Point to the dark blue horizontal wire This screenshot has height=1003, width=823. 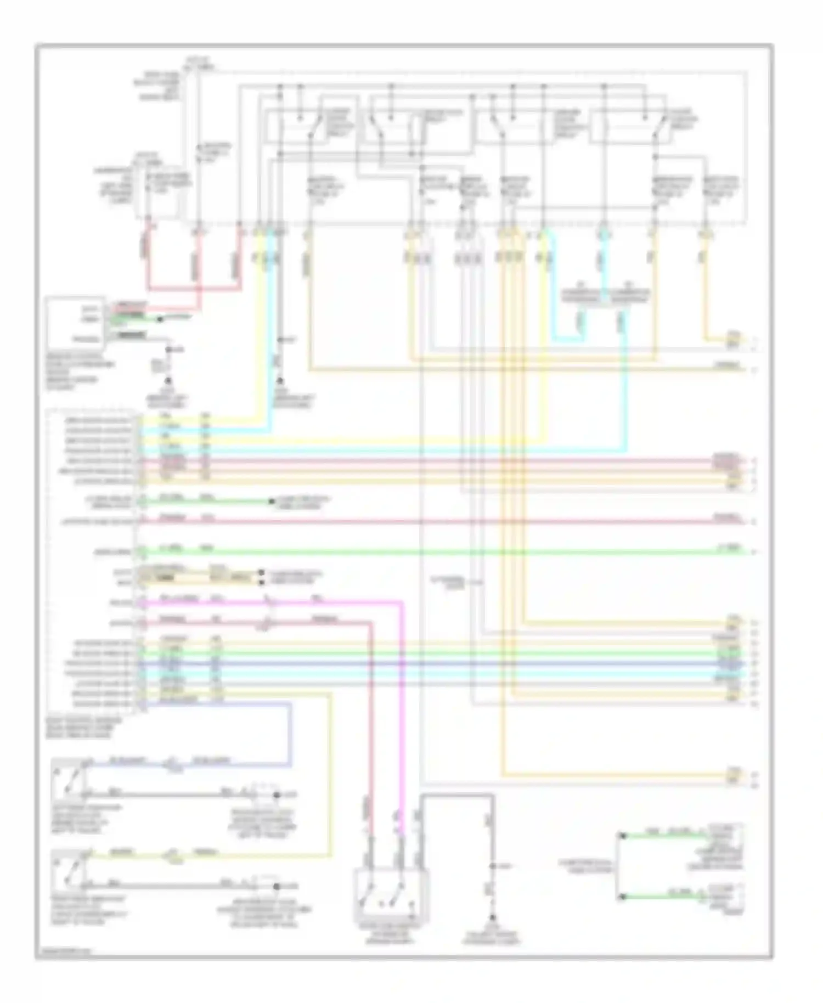pyautogui.click(x=439, y=663)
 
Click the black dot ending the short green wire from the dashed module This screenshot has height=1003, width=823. pyautogui.click(x=271, y=501)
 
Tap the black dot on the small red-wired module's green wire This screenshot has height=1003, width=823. pyautogui.click(x=160, y=318)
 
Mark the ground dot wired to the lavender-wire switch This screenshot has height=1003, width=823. pyautogui.click(x=276, y=794)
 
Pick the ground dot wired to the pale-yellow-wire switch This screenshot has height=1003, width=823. pyautogui.click(x=276, y=886)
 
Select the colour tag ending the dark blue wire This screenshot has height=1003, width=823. pyautogui.click(x=729, y=663)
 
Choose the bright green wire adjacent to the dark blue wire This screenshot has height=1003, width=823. pyautogui.click(x=439, y=653)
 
